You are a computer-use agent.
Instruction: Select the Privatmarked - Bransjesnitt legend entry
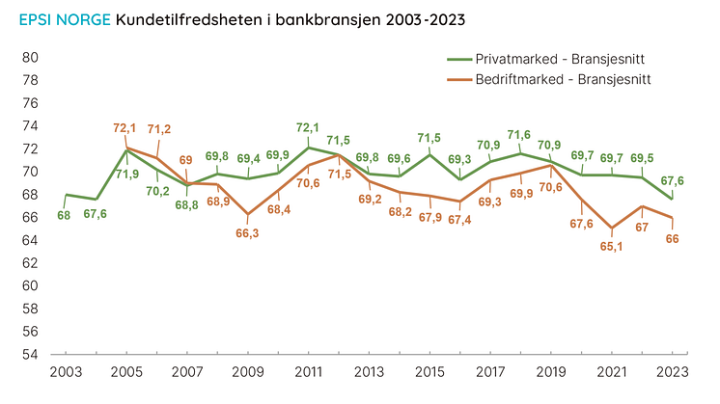(x=561, y=59)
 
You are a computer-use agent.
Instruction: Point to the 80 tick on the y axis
(x=30, y=58)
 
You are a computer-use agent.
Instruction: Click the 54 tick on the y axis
(x=30, y=354)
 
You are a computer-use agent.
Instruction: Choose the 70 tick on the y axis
(x=30, y=172)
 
